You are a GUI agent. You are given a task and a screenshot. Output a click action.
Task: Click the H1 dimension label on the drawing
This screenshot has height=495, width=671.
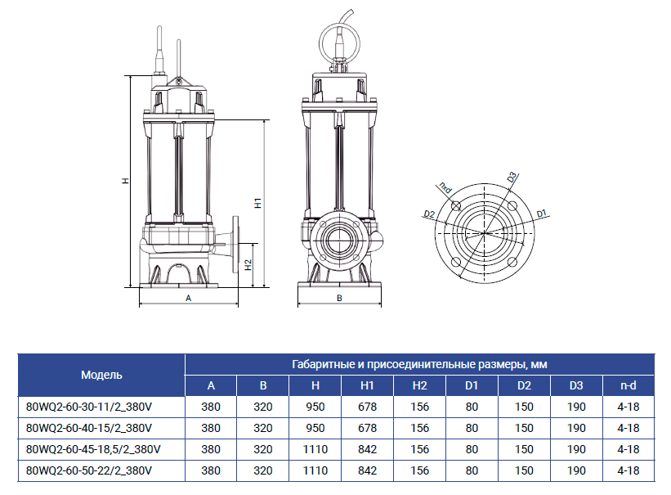pyautogui.click(x=258, y=203)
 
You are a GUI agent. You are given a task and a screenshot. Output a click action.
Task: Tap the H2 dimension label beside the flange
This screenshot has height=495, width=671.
pyautogui.click(x=248, y=265)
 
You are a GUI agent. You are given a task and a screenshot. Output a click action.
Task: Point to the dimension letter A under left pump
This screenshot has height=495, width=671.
pyautogui.click(x=188, y=299)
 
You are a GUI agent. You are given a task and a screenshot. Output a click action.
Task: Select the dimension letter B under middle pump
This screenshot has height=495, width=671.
pyautogui.click(x=339, y=299)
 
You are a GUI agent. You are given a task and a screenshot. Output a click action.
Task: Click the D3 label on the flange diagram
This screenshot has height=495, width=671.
pyautogui.click(x=512, y=177)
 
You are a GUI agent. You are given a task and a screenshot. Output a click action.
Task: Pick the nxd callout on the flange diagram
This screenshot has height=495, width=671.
pyautogui.click(x=445, y=187)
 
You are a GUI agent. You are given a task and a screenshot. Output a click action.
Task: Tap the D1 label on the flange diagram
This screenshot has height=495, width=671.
pyautogui.click(x=542, y=214)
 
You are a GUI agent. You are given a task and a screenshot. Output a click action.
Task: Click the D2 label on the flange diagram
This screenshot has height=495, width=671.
pyautogui.click(x=429, y=214)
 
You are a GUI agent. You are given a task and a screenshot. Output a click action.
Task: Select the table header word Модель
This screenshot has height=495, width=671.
pyautogui.click(x=101, y=375)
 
